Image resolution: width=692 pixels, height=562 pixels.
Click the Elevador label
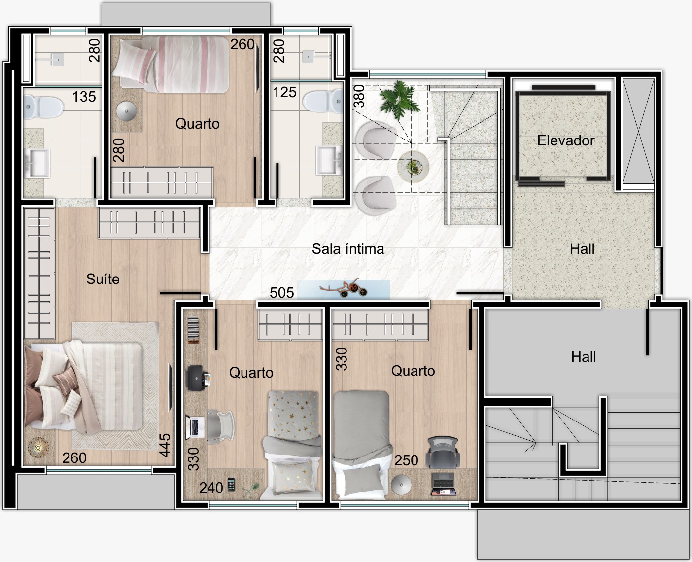click(x=566, y=140)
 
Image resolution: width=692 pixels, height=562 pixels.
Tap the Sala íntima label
click(x=348, y=249)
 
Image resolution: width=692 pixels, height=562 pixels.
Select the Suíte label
click(x=103, y=279)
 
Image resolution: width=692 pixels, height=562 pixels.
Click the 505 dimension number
click(x=281, y=293)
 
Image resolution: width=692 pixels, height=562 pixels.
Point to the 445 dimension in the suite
click(x=165, y=445)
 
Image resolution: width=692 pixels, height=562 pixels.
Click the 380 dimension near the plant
click(x=359, y=96)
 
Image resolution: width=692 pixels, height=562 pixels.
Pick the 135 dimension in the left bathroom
click(x=84, y=97)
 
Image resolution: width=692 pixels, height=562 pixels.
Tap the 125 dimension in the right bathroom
click(x=284, y=92)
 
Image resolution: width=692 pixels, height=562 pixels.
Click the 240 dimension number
click(x=211, y=488)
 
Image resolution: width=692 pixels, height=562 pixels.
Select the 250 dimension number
click(x=406, y=460)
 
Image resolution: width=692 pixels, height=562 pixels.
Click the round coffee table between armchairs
click(x=413, y=167)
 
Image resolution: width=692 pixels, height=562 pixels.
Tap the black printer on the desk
click(x=197, y=378)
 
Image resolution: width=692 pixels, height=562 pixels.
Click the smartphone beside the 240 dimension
click(x=231, y=485)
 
